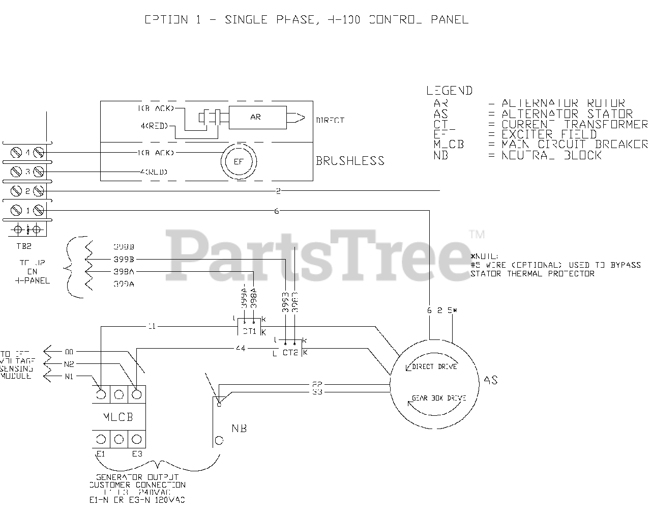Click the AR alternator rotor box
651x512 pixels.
pos(255,117)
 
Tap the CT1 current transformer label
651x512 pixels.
pos(249,331)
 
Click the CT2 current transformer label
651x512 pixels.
pos(290,352)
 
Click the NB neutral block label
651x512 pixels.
pos(239,429)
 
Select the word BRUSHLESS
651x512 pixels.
pos(350,161)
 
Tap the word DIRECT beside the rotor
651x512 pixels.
pos(330,121)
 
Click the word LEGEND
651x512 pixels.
pos(449,91)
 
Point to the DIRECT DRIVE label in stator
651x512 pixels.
pos(434,366)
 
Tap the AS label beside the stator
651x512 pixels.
pos(491,380)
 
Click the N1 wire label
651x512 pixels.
pos(69,376)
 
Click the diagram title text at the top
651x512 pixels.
pos(306,20)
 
